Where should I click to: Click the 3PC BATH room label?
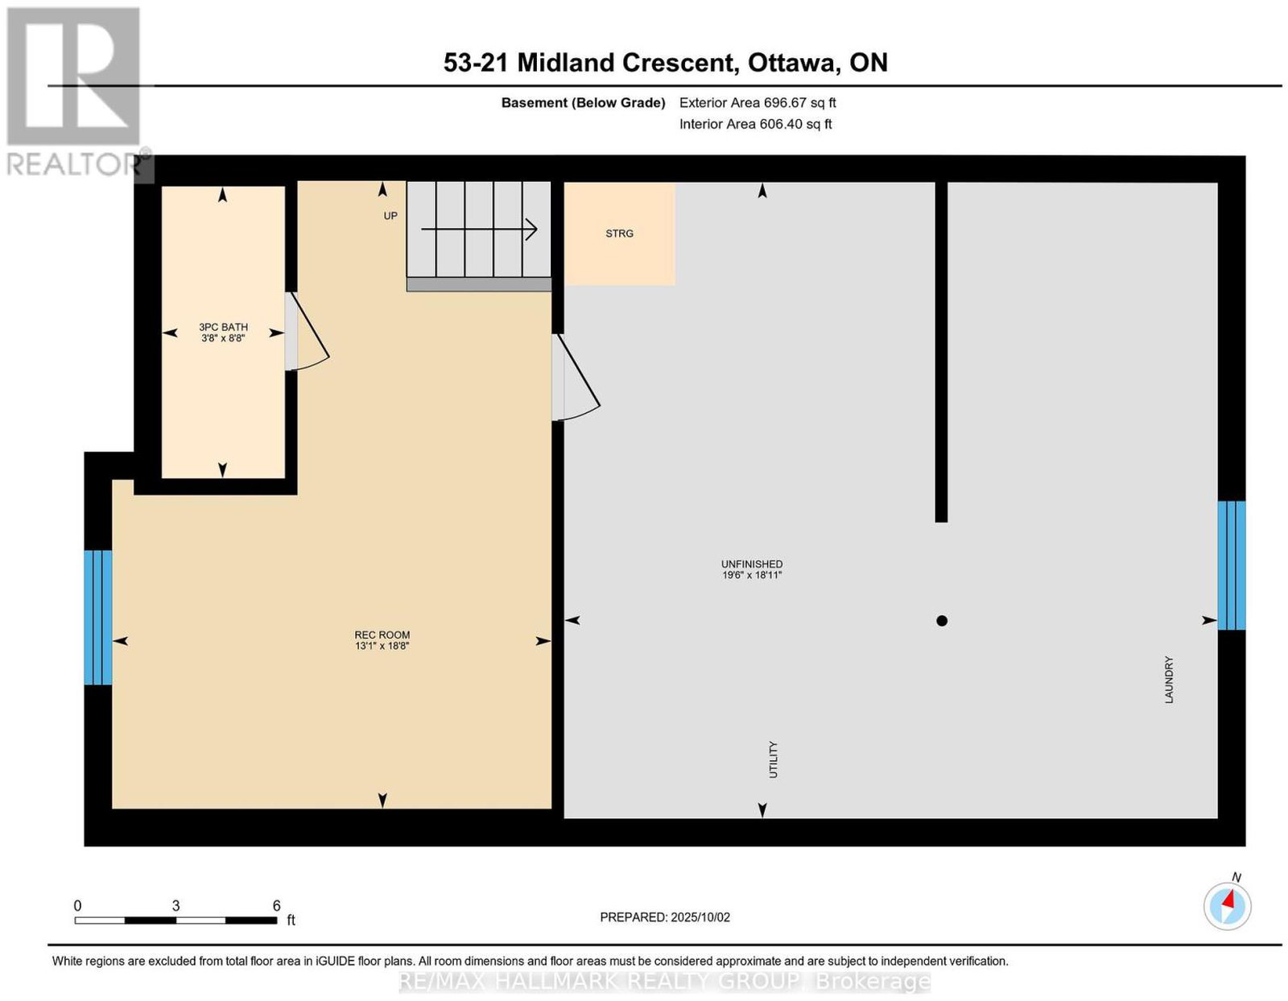(x=223, y=327)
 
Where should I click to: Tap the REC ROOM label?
(x=382, y=635)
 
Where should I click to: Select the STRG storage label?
(x=619, y=234)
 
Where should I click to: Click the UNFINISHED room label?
(x=752, y=564)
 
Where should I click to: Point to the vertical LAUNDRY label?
(x=1169, y=679)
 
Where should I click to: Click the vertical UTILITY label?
(x=773, y=759)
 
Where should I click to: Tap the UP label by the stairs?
(x=390, y=216)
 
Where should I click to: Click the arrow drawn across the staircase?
(x=479, y=229)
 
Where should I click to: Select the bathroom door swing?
(x=307, y=331)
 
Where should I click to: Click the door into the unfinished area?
(x=576, y=378)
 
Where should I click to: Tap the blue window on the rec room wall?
(x=97, y=618)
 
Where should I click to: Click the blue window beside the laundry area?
(x=1232, y=565)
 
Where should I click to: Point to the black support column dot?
(x=942, y=621)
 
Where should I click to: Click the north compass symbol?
(x=1228, y=906)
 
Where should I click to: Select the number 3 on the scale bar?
(x=176, y=905)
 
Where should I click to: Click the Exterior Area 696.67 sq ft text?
(x=758, y=102)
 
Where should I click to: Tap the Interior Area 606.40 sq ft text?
(x=756, y=124)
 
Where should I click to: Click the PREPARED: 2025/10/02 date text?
(x=665, y=916)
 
